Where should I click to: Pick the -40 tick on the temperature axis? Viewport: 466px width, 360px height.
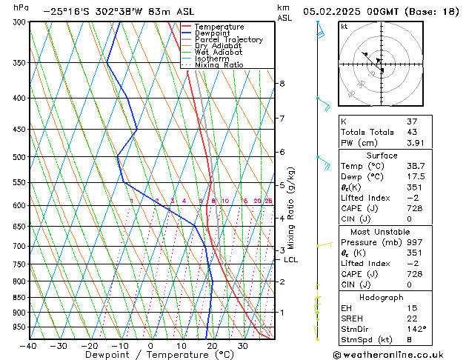click(29, 346)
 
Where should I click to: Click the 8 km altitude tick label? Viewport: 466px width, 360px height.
click(282, 84)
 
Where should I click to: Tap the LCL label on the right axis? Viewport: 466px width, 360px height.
click(290, 260)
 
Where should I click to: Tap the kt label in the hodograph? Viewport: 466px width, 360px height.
click(344, 27)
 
